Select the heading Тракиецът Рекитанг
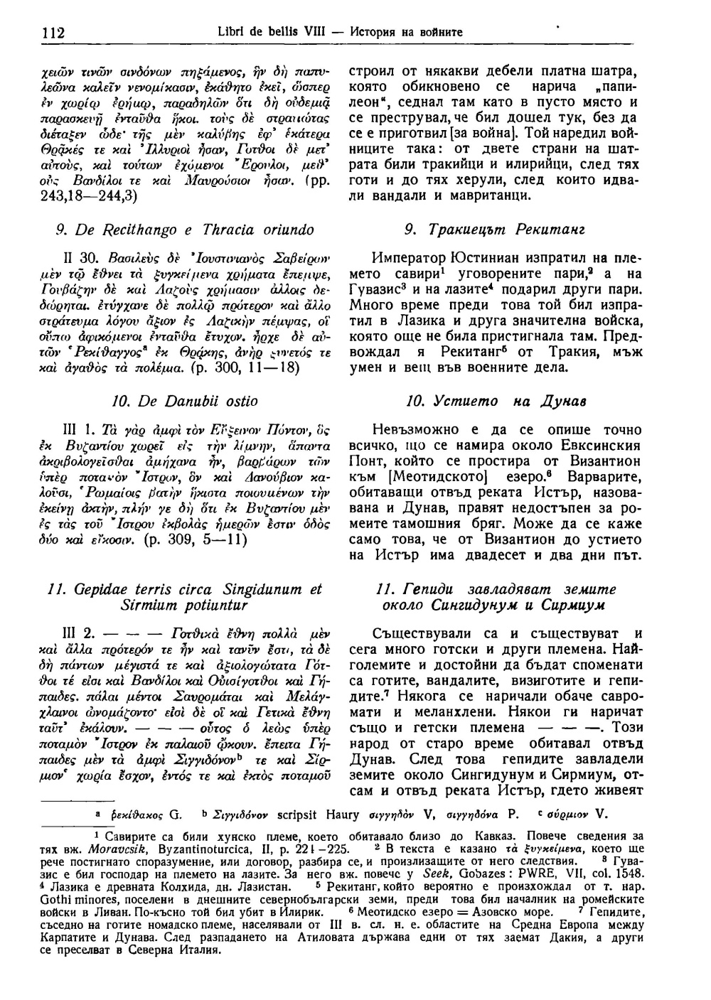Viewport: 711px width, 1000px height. click(495, 230)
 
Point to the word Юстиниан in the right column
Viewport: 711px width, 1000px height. click(475, 257)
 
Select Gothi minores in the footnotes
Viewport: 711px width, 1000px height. click(100, 898)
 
